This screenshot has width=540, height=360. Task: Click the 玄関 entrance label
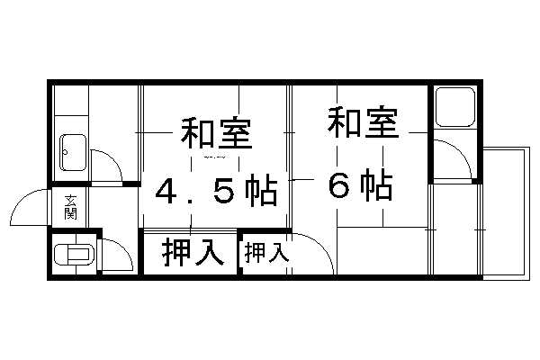70,207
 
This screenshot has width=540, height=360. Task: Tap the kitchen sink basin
73,152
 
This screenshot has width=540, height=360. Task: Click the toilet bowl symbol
74,255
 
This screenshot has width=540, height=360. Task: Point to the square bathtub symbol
455,107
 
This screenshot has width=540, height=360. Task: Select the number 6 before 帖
339,186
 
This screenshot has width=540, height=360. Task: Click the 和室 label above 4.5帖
217,133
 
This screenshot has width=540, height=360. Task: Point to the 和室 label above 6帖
363,122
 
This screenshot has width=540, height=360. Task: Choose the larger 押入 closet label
193,252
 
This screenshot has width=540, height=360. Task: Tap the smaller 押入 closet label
266,253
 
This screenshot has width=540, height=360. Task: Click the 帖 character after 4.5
261,190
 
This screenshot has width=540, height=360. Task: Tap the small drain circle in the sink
65,152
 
